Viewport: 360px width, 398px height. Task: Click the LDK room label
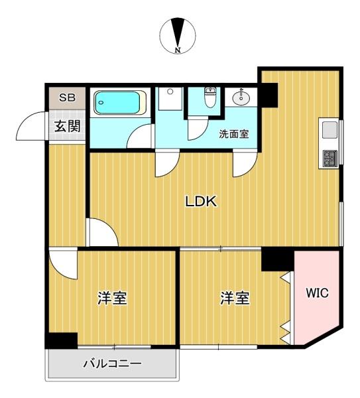pyautogui.click(x=201, y=201)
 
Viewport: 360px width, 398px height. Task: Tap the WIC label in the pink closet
pyautogui.click(x=317, y=293)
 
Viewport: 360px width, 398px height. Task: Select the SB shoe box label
pyautogui.click(x=67, y=98)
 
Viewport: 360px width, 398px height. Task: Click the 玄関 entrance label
pyautogui.click(x=68, y=126)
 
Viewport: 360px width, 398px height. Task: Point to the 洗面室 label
pyautogui.click(x=234, y=134)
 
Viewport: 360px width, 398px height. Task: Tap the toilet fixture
pyautogui.click(x=210, y=97)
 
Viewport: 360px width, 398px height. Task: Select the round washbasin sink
pyautogui.click(x=241, y=98)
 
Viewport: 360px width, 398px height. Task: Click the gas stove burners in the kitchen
pyautogui.click(x=330, y=159)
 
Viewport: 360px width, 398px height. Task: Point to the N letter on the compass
pyautogui.click(x=178, y=50)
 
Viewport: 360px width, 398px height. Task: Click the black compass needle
pyautogui.click(x=178, y=33)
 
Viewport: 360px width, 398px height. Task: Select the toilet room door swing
pyautogui.click(x=198, y=129)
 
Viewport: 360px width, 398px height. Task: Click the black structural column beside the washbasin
pyautogui.click(x=269, y=95)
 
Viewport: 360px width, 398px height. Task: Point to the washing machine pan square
pyautogui.click(x=170, y=98)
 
